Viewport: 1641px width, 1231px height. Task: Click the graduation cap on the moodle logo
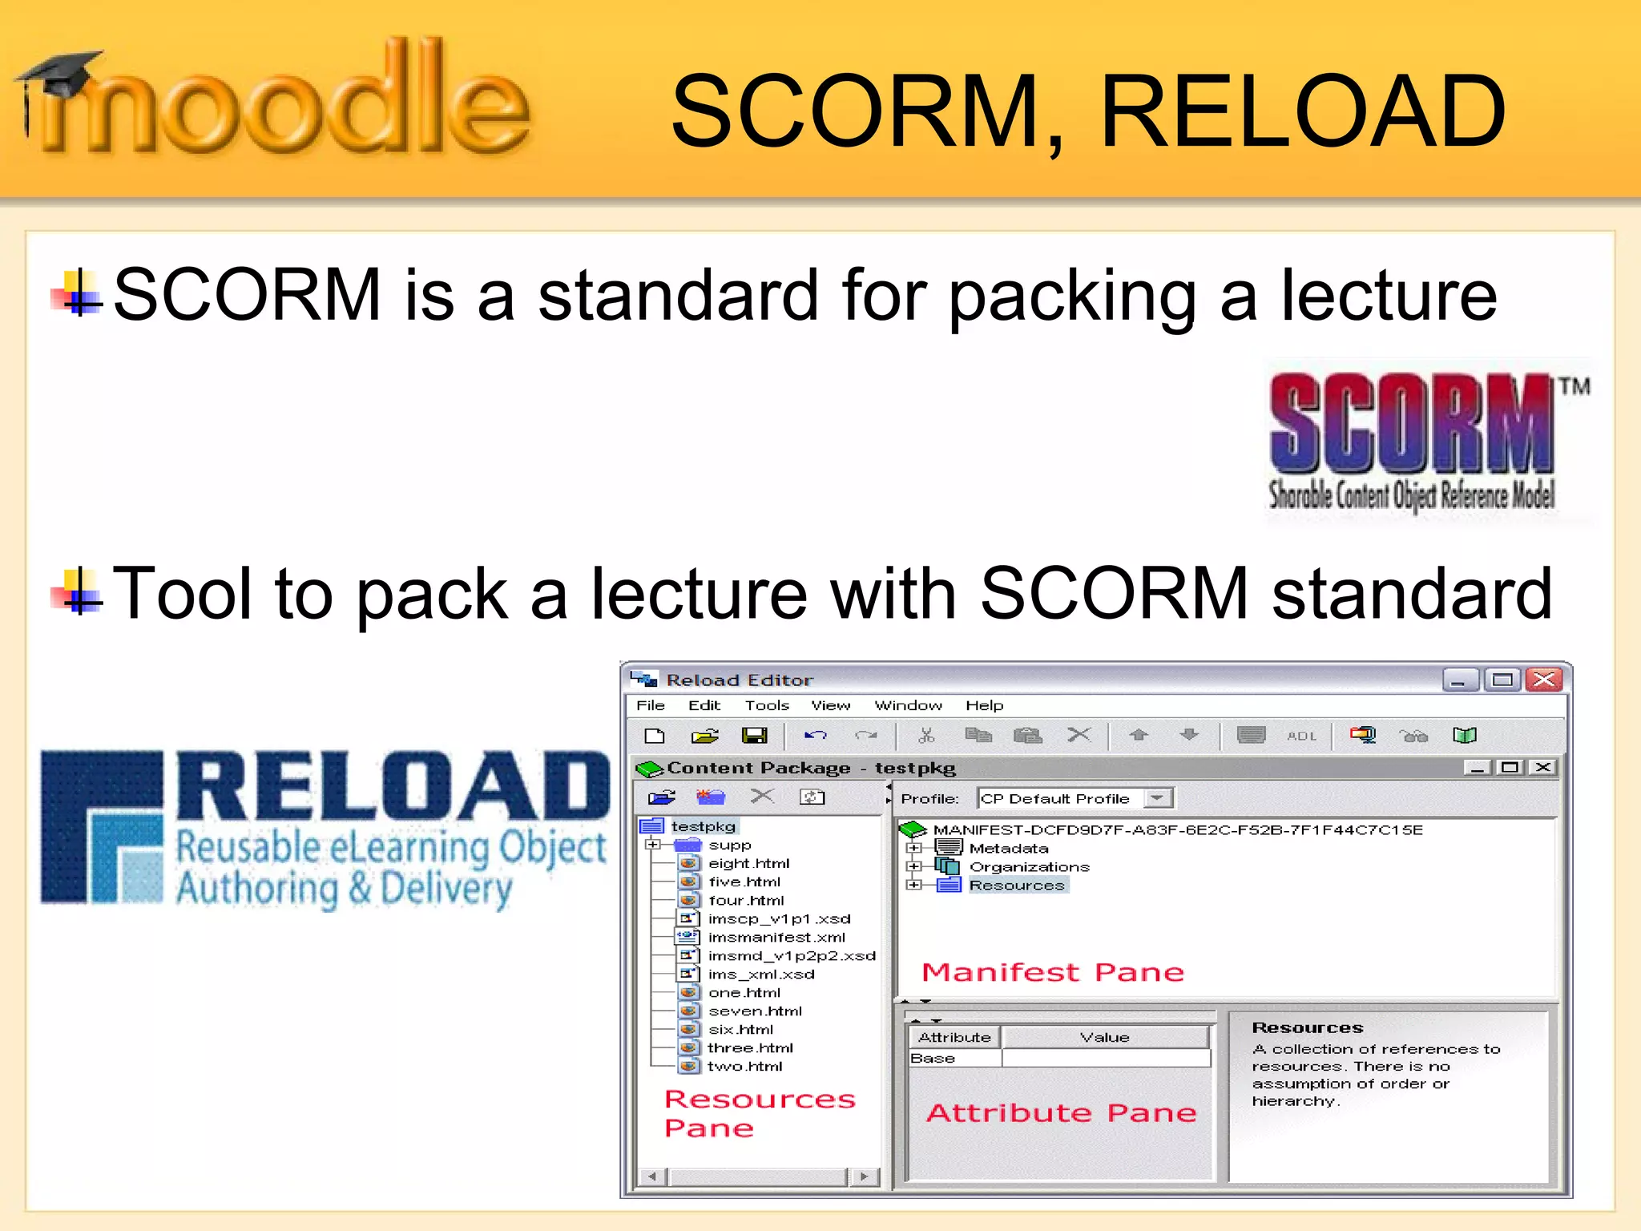coord(60,72)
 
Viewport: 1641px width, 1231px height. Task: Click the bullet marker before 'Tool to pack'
coord(78,594)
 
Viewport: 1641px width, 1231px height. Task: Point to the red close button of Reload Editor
coord(1544,680)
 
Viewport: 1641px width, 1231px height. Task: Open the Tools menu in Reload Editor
coord(767,705)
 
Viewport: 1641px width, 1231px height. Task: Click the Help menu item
coord(984,705)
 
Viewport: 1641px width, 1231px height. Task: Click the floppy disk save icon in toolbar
coord(754,735)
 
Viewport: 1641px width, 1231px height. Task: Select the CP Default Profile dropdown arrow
coord(1157,798)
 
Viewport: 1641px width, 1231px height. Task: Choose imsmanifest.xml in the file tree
coord(776,937)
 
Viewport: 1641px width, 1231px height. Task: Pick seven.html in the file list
coord(755,1011)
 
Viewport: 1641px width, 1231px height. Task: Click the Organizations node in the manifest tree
coord(1029,866)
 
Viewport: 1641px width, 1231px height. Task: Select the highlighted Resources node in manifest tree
coord(1017,885)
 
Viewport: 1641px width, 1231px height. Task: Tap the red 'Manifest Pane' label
coord(1053,972)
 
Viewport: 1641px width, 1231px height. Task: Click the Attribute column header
coord(954,1037)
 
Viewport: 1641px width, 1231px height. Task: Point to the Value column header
coord(1104,1037)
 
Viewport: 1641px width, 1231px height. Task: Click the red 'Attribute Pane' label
coord(1061,1112)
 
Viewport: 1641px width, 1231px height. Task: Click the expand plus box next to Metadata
coord(913,848)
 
